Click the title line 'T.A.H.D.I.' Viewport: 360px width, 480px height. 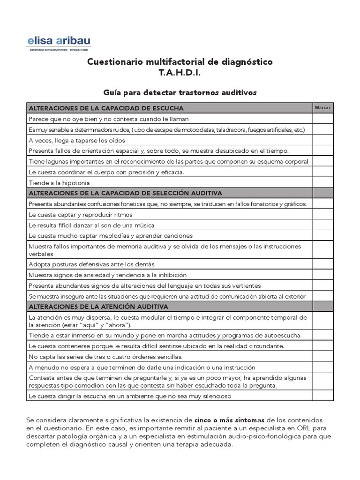coord(180,73)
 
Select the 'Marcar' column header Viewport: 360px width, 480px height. coord(322,107)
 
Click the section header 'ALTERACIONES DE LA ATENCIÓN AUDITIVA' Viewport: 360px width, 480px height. coord(98,307)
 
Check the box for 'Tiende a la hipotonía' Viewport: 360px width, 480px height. coord(323,183)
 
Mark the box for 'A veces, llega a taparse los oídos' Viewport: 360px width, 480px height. coord(323,140)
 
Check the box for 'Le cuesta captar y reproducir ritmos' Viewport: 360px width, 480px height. coord(323,215)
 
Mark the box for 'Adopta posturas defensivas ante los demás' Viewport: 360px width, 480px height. coord(323,264)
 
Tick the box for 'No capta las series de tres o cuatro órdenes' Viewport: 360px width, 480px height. coord(323,357)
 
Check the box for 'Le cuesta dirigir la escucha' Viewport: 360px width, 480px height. coord(323,396)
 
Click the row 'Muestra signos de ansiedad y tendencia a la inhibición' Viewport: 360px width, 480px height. coord(107,275)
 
